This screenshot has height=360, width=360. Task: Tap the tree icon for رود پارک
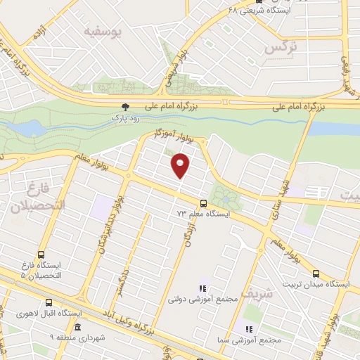pos(125,107)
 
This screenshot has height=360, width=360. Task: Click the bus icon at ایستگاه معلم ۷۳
pos(203,201)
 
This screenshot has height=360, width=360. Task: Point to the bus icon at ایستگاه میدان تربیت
pos(315,274)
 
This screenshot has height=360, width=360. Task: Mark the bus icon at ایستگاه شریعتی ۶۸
pos(260,1)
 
